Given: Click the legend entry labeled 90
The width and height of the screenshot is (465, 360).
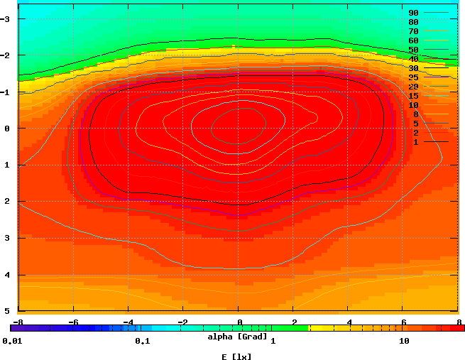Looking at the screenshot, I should (413, 13).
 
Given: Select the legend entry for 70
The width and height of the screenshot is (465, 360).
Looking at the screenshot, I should (413, 31).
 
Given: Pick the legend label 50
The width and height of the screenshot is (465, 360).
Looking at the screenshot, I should (413, 50).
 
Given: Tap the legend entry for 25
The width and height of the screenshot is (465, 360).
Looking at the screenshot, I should (413, 77).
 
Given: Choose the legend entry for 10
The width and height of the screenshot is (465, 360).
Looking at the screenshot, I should (413, 105).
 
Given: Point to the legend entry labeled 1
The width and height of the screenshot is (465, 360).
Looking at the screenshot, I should (415, 142).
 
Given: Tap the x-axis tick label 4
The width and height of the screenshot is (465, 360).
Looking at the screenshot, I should (349, 322).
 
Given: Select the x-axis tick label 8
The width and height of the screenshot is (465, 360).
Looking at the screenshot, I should (459, 322).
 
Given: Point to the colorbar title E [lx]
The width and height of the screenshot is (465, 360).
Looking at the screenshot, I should (237, 356).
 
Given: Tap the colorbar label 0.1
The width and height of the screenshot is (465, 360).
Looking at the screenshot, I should (142, 342).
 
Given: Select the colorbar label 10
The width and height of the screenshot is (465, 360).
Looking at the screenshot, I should (404, 342).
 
